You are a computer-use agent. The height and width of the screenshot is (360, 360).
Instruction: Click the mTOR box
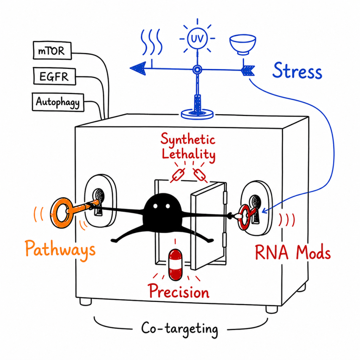52,51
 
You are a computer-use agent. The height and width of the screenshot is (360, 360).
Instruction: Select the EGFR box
54,76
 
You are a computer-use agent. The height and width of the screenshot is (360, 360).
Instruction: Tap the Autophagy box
58,102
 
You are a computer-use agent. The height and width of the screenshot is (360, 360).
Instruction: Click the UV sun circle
197,38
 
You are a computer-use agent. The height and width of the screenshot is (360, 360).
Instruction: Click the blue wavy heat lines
152,42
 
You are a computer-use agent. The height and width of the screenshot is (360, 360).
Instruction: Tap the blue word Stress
297,70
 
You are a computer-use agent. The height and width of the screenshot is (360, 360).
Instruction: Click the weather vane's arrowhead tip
130,68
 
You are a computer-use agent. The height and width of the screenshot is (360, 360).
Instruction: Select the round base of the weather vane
197,114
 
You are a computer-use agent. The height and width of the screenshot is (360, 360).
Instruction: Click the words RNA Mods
293,252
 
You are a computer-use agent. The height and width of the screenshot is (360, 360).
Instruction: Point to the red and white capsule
175,265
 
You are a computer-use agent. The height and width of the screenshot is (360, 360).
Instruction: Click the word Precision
179,291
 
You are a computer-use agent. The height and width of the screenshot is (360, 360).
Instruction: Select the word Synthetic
188,139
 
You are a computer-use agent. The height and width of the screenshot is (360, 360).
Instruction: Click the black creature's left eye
155,206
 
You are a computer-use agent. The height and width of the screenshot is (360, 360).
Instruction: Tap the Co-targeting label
180,329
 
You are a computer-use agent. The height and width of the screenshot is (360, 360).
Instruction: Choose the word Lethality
188,155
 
